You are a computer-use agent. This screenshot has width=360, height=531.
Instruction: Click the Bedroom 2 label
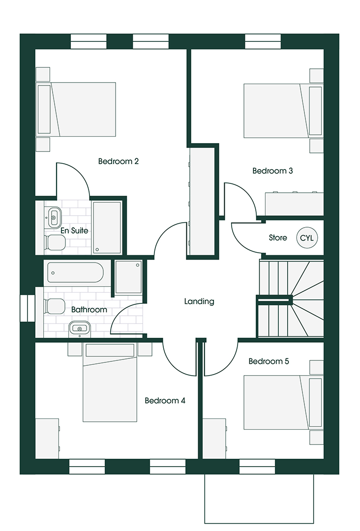coord(118,161)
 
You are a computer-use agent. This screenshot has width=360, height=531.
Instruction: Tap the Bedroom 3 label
coord(272,171)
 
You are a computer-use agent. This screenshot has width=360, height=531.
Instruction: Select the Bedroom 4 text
coord(165,401)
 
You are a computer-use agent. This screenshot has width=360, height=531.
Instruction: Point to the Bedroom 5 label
coord(269,361)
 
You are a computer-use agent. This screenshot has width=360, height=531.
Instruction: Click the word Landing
coord(199,301)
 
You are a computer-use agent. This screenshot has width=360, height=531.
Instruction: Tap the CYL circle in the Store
coord(307,238)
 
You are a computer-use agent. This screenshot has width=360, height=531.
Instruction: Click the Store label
coord(278,238)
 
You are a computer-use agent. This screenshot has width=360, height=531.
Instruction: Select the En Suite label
coord(74,231)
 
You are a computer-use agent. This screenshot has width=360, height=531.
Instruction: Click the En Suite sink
coord(54,217)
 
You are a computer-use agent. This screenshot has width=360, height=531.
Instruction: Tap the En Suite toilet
coord(54,242)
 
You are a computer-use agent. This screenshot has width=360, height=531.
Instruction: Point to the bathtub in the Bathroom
coord(75,272)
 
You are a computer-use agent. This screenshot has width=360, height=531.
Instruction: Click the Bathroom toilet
coord(54,306)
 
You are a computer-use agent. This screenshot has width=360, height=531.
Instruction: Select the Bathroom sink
coord(80,328)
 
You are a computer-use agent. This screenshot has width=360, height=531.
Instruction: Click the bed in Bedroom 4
coord(110,383)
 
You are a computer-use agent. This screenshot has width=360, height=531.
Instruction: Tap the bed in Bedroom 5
coord(283,402)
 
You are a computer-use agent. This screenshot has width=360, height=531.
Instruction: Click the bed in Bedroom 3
coord(283,111)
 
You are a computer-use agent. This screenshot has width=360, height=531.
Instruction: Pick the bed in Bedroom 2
coord(76,109)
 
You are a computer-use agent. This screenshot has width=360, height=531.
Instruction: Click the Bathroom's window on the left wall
coord(28,308)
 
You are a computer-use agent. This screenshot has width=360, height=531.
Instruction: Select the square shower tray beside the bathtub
coord(129,277)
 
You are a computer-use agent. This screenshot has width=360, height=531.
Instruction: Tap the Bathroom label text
coord(89,310)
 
